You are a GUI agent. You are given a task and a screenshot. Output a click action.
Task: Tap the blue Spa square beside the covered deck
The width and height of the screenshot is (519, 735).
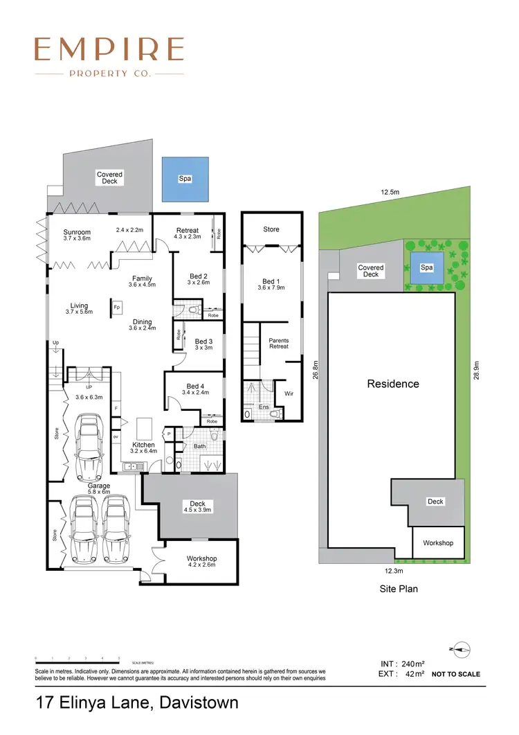(185, 179)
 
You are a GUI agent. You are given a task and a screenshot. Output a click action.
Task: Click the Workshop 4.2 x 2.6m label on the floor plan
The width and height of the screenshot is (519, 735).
(201, 561)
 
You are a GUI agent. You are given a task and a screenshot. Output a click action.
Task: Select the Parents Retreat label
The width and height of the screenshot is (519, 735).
(279, 344)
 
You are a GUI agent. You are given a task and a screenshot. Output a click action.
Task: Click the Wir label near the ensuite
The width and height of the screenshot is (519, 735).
(289, 393)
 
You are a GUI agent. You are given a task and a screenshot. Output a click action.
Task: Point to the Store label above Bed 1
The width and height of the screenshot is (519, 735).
(271, 229)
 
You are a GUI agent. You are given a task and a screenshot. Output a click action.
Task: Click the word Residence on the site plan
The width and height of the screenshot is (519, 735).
(392, 383)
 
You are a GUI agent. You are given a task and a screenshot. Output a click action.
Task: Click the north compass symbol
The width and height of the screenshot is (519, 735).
(459, 649)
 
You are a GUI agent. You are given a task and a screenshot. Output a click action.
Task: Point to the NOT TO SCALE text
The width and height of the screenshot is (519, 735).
(455, 674)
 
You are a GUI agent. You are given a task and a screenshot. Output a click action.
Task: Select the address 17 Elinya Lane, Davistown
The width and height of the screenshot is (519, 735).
(137, 703)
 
